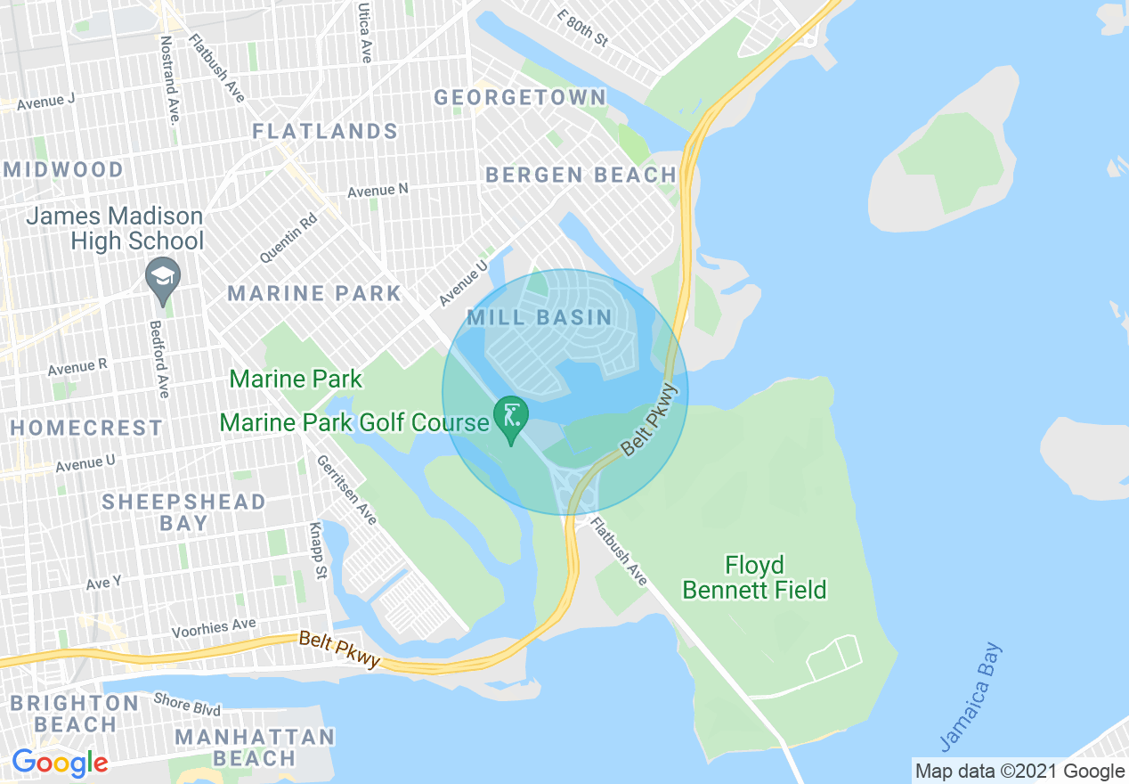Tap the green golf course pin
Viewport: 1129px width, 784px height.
click(x=511, y=419)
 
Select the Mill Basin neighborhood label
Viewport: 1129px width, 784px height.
click(x=540, y=317)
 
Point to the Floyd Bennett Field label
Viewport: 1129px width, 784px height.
click(x=754, y=577)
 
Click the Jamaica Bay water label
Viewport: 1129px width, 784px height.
click(x=971, y=698)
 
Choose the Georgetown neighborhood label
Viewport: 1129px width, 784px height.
click(x=520, y=97)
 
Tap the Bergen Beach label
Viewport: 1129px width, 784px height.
click(x=581, y=175)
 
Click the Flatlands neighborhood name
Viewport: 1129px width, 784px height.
click(x=325, y=132)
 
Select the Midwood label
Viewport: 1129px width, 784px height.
click(x=64, y=169)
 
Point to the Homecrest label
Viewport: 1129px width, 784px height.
click(x=87, y=428)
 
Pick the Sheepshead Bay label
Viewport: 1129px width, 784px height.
click(x=183, y=512)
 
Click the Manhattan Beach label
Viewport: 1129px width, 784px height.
click(x=255, y=747)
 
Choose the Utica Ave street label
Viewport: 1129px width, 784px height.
click(x=365, y=31)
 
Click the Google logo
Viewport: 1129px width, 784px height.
click(x=60, y=763)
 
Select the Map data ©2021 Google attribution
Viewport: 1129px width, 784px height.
click(x=1020, y=772)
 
